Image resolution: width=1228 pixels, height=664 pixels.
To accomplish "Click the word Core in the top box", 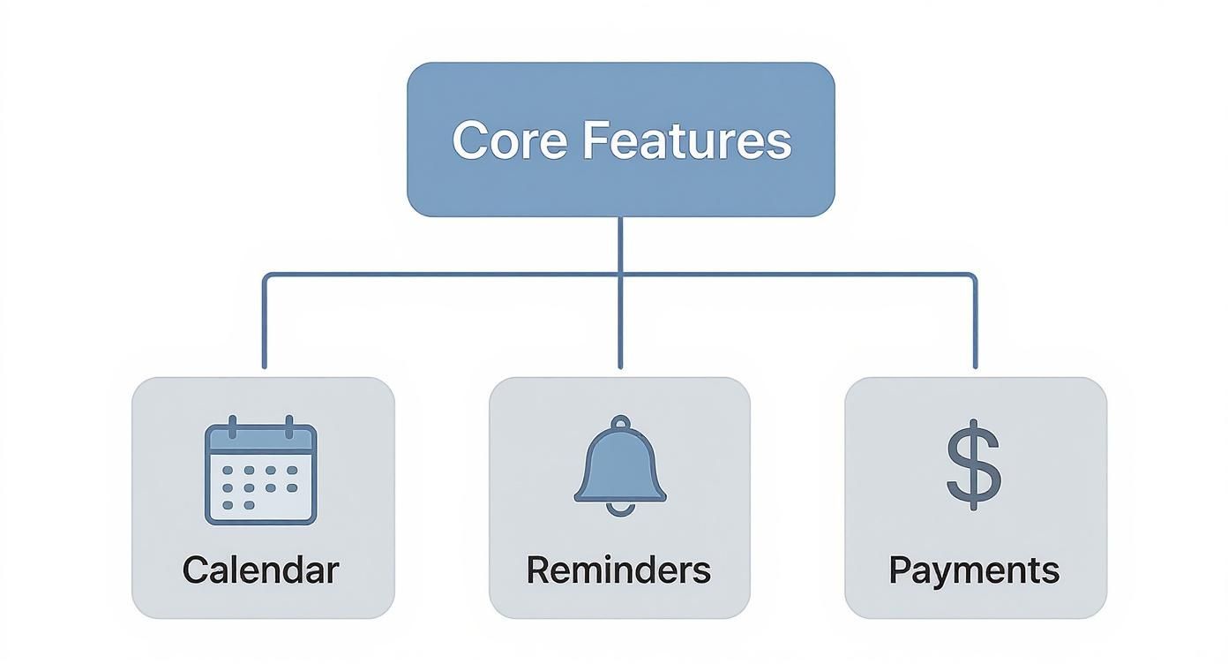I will click(x=509, y=140).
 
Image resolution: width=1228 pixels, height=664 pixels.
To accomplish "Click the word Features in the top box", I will click(x=687, y=140).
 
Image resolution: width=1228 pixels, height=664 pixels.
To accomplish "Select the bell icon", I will click(x=620, y=464).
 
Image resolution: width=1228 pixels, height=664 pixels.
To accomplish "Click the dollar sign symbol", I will click(x=974, y=464).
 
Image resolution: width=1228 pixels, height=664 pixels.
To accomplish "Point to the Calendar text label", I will click(x=260, y=570).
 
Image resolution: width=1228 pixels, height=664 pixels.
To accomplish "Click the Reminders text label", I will click(x=618, y=570).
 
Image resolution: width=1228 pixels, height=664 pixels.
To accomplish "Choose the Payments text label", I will click(x=974, y=570).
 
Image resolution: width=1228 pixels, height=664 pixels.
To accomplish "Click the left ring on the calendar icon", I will click(x=232, y=426).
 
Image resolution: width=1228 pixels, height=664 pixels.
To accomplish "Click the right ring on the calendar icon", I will click(x=288, y=426).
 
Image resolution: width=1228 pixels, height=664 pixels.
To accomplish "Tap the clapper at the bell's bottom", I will click(x=620, y=507).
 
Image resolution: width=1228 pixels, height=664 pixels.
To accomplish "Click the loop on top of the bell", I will click(x=620, y=423).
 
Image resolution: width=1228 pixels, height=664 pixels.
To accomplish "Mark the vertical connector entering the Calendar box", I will click(x=264, y=336).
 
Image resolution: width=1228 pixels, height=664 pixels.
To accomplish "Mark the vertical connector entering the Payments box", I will click(x=975, y=336).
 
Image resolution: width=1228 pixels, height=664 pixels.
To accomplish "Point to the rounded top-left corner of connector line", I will click(x=266, y=276).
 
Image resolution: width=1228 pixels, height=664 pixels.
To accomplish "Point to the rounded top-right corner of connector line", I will click(x=972, y=276).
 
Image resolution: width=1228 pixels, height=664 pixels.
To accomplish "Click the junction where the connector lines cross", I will click(x=620, y=275).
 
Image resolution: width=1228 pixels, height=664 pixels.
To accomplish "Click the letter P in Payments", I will click(x=899, y=570).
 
